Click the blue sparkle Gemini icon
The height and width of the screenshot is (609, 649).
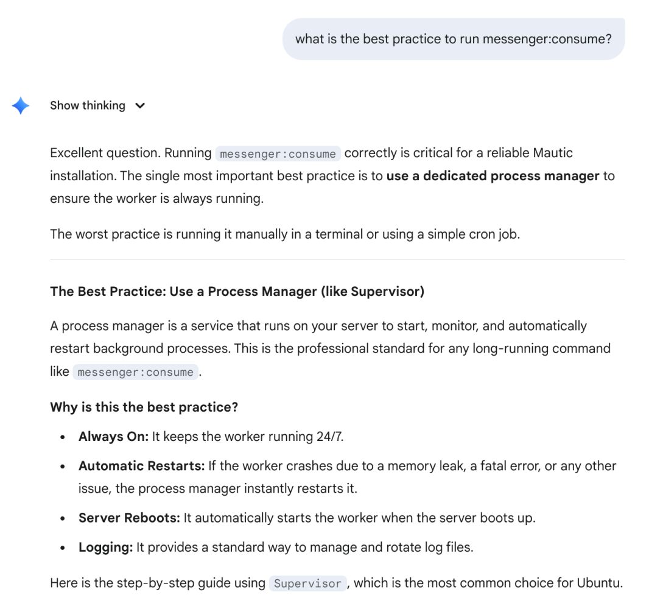[x=20, y=106]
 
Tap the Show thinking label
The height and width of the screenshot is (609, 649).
[x=88, y=105]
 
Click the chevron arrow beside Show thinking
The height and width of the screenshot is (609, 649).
[x=140, y=106]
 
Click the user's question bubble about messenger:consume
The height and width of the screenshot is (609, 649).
[x=453, y=39]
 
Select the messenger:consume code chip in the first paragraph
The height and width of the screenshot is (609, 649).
[x=278, y=154]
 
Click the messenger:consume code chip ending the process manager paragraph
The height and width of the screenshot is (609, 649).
[x=136, y=372]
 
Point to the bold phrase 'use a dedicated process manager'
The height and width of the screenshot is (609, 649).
[x=493, y=176]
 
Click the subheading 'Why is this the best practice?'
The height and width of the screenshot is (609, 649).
[x=144, y=407]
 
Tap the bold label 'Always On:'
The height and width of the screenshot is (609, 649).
[x=113, y=437]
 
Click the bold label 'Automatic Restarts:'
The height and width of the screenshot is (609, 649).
[x=141, y=466]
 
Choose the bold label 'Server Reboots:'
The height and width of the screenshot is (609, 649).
[x=129, y=518]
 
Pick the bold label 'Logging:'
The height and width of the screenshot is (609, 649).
[x=105, y=547]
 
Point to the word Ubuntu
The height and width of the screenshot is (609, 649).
[x=602, y=583]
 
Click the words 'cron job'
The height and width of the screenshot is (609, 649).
[x=495, y=234]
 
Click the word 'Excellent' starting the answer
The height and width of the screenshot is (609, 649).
[x=77, y=153]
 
